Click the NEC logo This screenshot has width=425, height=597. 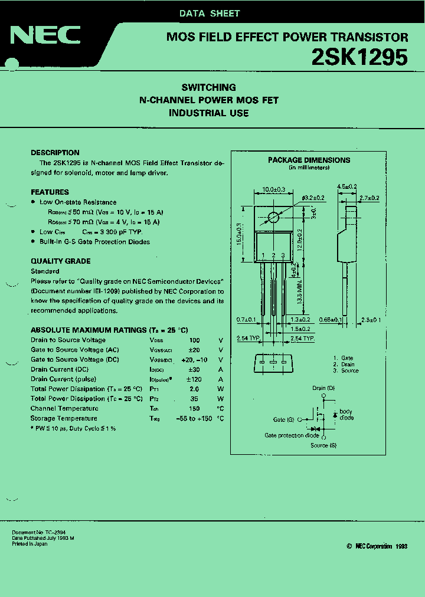pyautogui.click(x=45, y=36)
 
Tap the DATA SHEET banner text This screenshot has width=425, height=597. pyautogui.click(x=210, y=13)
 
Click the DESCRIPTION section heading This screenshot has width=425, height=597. pyautogui.click(x=55, y=152)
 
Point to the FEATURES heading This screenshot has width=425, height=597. pyautogui.click(x=50, y=192)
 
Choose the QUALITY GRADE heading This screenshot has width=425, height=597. pyautogui.click(x=60, y=261)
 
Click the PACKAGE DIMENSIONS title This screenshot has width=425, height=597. pyautogui.click(x=309, y=160)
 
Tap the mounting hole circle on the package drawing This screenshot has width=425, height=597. pyautogui.click(x=273, y=217)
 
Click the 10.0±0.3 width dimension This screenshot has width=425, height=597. pyautogui.click(x=273, y=189)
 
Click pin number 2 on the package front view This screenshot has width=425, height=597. pyautogui.click(x=273, y=255)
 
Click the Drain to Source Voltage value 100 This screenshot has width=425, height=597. pyautogui.click(x=194, y=340)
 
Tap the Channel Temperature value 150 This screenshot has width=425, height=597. pyautogui.click(x=194, y=409)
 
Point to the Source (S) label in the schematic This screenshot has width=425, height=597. pyautogui.click(x=323, y=445)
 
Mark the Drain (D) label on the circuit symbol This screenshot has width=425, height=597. pyautogui.click(x=323, y=388)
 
